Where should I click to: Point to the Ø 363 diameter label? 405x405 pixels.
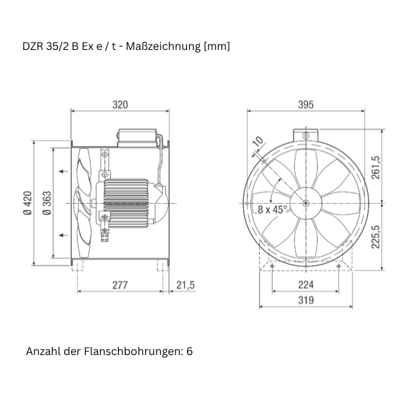47,202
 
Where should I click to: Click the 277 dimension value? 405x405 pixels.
119,286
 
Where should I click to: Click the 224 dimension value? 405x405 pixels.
306,286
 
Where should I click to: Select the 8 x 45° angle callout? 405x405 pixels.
273,209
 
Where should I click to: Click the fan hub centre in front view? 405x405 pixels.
306,202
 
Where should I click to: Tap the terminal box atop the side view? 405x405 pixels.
139,136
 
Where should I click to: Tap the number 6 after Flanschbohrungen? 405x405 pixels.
190,352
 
